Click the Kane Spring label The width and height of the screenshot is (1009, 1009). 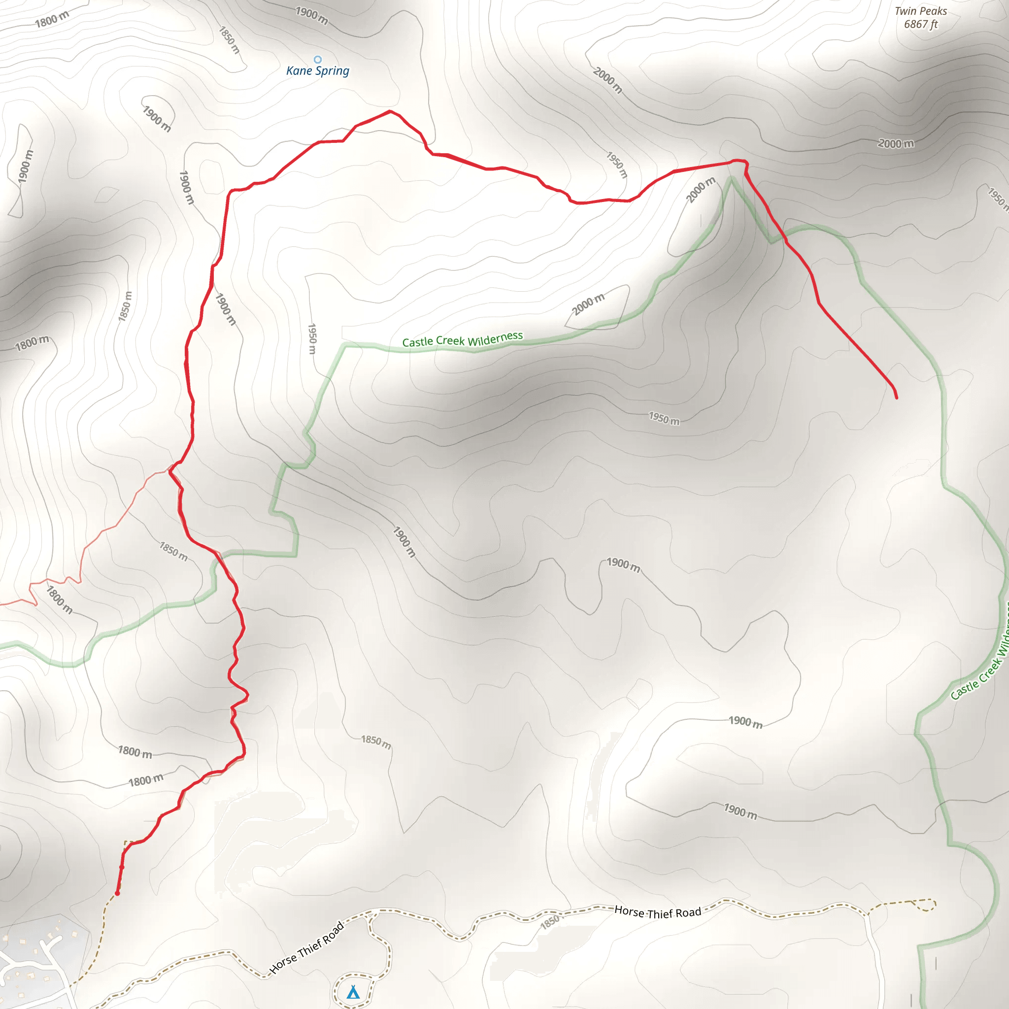point(318,70)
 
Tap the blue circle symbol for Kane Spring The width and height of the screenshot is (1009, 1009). point(318,60)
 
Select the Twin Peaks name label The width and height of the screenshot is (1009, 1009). point(920,11)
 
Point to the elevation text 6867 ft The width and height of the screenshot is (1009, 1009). point(920,24)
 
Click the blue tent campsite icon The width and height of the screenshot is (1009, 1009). point(354,991)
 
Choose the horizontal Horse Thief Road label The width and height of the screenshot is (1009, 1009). point(658,912)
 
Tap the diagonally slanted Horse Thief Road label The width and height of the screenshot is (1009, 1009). point(307,947)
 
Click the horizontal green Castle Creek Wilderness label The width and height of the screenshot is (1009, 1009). point(462,339)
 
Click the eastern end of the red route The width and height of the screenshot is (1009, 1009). point(897,398)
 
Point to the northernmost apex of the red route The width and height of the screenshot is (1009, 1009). point(390,111)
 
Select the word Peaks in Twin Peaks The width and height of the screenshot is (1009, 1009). point(933,11)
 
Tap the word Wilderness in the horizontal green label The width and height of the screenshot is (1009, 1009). point(495,338)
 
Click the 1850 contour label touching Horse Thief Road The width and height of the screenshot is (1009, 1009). point(550,922)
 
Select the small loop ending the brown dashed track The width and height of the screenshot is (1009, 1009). point(927,905)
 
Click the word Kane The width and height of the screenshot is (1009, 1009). point(299,70)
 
